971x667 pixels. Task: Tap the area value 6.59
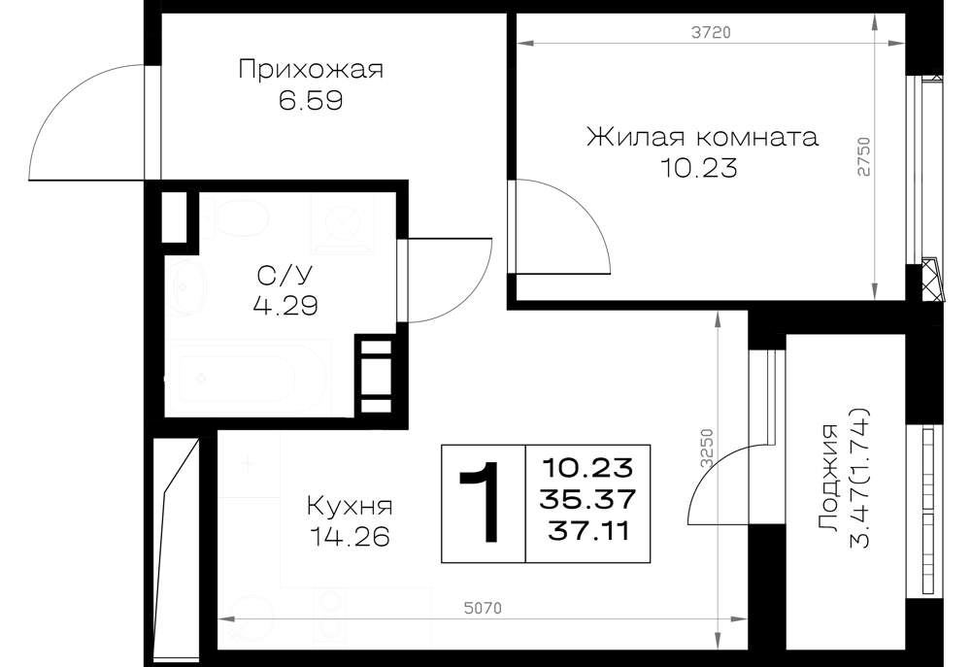tap(311, 100)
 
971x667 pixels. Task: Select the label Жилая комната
tap(702, 137)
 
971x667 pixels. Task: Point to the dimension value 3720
tap(711, 32)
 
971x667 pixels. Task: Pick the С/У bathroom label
tap(285, 275)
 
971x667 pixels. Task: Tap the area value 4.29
tap(285, 305)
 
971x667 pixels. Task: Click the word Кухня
tap(350, 507)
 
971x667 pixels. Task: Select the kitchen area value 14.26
tap(350, 536)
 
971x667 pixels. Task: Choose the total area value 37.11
tap(587, 531)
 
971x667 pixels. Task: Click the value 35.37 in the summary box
tap(587, 498)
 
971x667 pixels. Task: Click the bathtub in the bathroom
tap(247, 378)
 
